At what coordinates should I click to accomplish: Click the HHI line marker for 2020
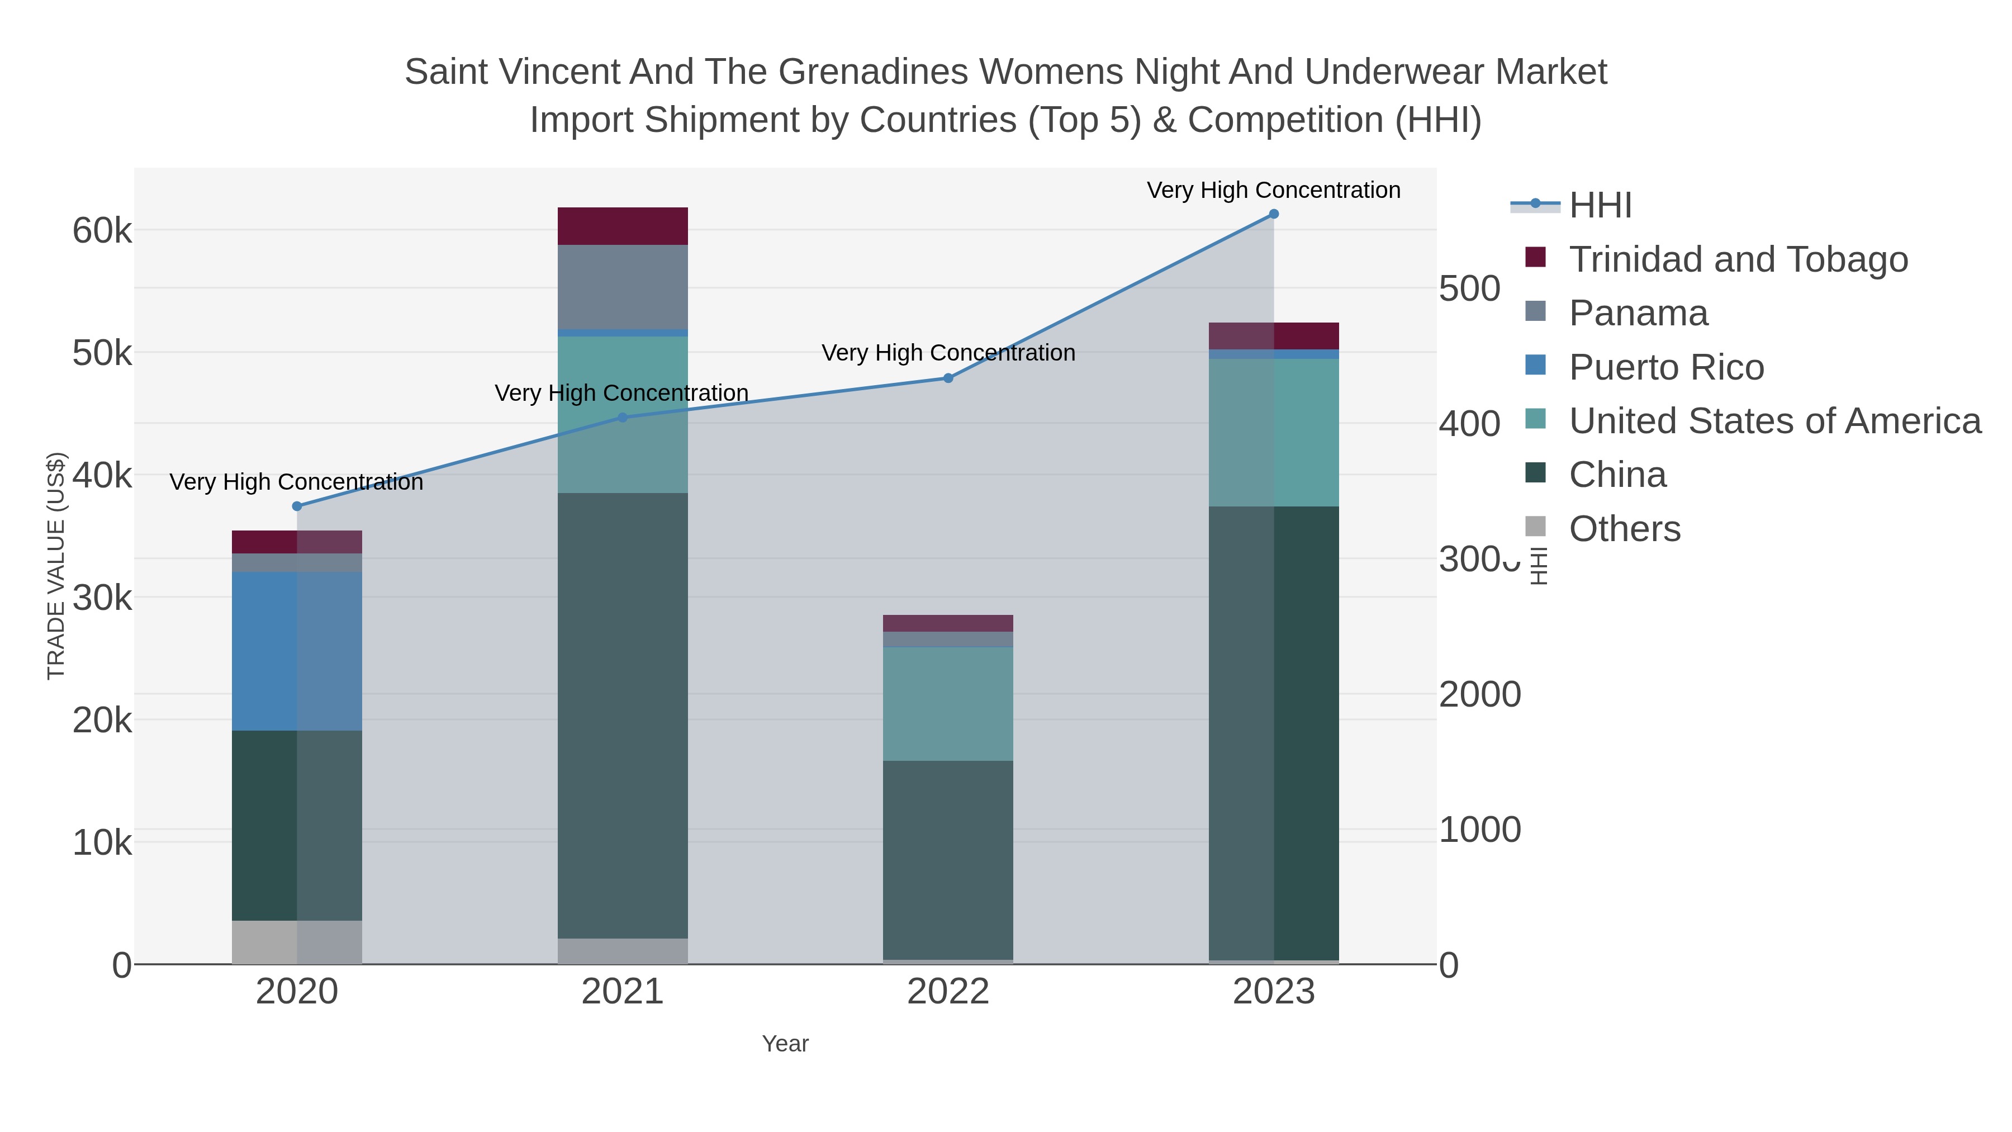click(297, 506)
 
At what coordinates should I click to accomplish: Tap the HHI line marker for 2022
click(948, 378)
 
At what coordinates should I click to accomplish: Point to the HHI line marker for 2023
click(1274, 214)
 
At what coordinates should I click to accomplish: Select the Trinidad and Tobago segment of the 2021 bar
click(623, 226)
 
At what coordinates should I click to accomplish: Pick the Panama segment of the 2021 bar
click(623, 287)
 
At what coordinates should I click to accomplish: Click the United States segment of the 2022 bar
click(948, 703)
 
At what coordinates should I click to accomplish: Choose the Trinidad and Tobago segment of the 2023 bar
click(1274, 336)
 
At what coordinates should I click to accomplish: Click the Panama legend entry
click(1638, 313)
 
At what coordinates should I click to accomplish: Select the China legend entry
click(1617, 475)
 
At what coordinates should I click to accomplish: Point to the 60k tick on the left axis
click(102, 230)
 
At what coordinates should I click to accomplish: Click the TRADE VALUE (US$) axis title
click(56, 566)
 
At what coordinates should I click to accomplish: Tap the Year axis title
click(785, 1044)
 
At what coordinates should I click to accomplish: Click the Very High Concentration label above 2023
click(1273, 191)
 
